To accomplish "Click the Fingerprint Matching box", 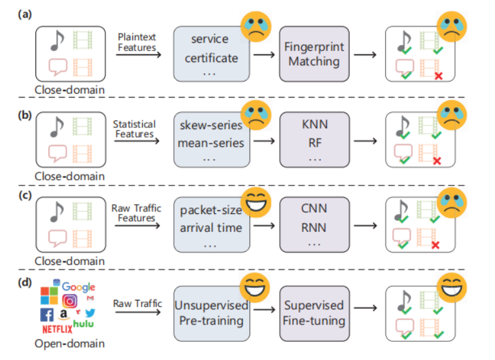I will pos(314,54).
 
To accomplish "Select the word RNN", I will pos(314,228).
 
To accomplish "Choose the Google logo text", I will pos(78,286).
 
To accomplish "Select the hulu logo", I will pos(84,323).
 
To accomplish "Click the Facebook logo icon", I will pos(47,314).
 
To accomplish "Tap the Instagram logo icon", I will pos(70,300).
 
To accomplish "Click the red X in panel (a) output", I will pos(439,76).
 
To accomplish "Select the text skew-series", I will pos(211,123).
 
